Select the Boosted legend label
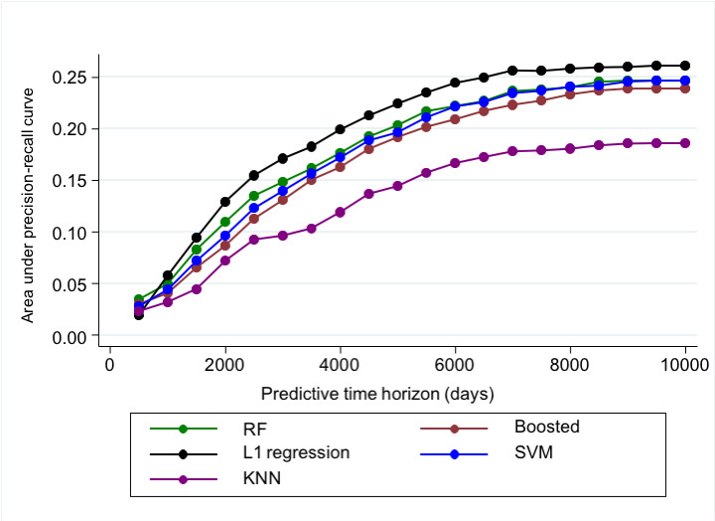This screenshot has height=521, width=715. click(x=546, y=428)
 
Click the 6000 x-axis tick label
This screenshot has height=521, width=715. click(x=455, y=365)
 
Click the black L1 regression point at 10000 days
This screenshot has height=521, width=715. click(x=685, y=66)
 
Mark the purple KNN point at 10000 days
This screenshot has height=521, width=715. click(x=685, y=143)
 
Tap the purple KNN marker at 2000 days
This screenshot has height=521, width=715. click(x=225, y=260)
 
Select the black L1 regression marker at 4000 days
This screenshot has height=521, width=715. click(x=341, y=129)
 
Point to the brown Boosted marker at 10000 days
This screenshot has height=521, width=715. click(x=685, y=88)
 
